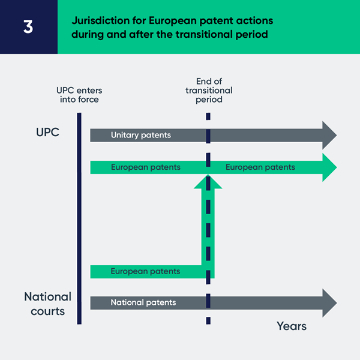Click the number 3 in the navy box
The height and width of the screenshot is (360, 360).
[x=28, y=26]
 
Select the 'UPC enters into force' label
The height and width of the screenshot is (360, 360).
[x=79, y=95]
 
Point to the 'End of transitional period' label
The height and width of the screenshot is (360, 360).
[x=209, y=91]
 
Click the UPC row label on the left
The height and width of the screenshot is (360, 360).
[x=48, y=132]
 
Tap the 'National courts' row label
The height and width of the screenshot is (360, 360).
[x=48, y=304]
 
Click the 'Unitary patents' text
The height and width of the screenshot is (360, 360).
[x=141, y=135]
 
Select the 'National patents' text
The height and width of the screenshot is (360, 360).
[x=143, y=302]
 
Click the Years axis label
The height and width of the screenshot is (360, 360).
[x=292, y=326]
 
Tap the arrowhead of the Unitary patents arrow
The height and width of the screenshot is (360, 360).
[x=329, y=135]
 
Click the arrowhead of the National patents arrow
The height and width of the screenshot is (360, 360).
[x=329, y=303]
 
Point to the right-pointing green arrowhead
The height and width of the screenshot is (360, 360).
[x=329, y=167]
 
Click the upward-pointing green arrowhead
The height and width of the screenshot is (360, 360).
[x=208, y=182]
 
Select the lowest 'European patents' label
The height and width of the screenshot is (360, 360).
[x=145, y=271]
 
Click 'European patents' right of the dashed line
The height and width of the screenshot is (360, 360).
[x=260, y=167]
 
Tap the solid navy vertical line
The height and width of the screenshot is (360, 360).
[x=79, y=218]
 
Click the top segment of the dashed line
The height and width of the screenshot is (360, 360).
[x=208, y=116]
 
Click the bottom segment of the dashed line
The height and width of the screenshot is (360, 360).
[x=208, y=320]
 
